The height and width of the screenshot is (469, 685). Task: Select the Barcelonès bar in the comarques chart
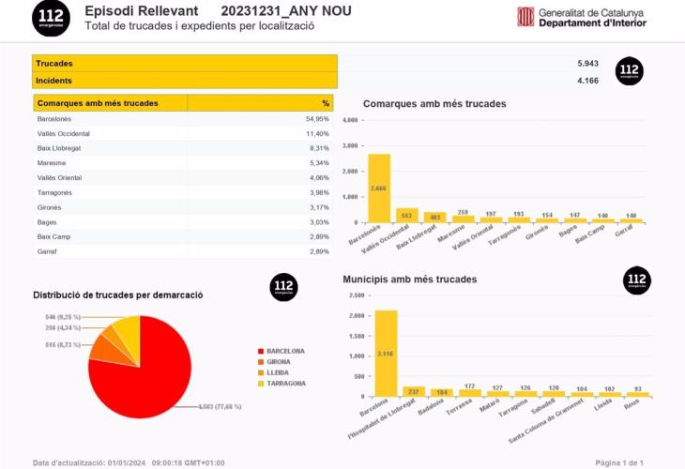[x=379, y=188]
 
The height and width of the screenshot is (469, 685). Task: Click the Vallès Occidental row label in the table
[x=64, y=134]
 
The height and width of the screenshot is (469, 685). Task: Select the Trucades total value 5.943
[x=587, y=63]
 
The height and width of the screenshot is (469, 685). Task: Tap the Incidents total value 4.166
[x=587, y=81]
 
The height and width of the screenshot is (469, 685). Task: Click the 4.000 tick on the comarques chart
[x=349, y=121]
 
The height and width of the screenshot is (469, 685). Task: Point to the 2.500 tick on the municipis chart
[x=356, y=295]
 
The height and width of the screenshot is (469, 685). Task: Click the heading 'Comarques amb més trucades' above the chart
[x=434, y=103]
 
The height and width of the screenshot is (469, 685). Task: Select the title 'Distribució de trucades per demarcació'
[x=118, y=295]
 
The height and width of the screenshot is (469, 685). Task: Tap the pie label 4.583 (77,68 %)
[x=221, y=406]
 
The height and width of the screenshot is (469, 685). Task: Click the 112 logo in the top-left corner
[x=51, y=18]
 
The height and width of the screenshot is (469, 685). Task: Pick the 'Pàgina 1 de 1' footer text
[x=619, y=462]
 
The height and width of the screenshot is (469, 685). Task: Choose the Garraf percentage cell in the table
[x=319, y=251]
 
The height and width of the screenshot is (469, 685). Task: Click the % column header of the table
[x=326, y=103]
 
